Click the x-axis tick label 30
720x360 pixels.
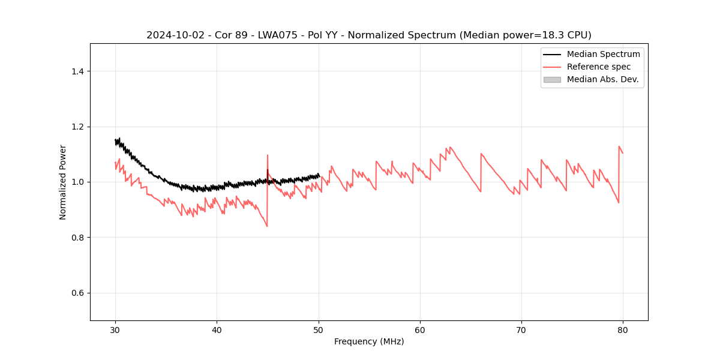click(x=115, y=329)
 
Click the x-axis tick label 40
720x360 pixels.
click(x=217, y=329)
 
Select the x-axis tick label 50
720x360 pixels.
click(x=319, y=329)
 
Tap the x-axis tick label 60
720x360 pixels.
click(x=420, y=329)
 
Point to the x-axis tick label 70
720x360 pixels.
click(x=521, y=329)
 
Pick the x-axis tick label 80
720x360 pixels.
click(x=623, y=329)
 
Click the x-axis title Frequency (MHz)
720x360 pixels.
click(x=369, y=341)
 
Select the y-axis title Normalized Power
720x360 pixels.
click(x=63, y=182)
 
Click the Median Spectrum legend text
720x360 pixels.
click(x=603, y=54)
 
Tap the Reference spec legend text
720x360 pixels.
click(x=599, y=67)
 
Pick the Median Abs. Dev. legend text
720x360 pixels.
click(x=602, y=79)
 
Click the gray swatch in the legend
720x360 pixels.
click(x=552, y=79)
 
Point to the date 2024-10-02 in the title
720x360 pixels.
click(x=171, y=35)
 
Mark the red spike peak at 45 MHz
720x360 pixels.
click(x=268, y=155)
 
